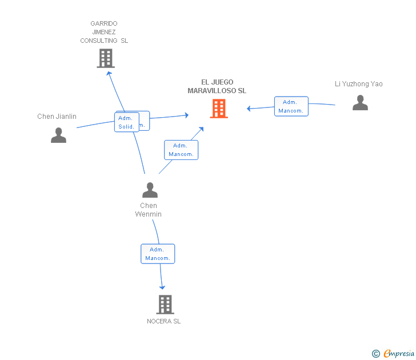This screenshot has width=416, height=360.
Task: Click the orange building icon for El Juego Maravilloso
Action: [x=219, y=109]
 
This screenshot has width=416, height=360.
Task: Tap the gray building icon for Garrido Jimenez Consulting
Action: [x=106, y=58]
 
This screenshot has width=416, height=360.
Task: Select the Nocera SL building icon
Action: [x=165, y=305]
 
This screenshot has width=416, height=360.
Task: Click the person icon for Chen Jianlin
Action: [x=58, y=135]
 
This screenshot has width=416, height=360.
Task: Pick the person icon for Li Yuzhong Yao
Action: [x=360, y=103]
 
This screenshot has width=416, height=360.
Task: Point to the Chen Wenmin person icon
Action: [x=149, y=190]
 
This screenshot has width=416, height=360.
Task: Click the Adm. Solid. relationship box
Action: [x=126, y=122]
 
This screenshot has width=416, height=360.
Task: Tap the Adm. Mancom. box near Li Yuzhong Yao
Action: [x=291, y=106]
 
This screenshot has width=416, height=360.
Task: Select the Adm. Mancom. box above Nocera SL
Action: [x=157, y=254]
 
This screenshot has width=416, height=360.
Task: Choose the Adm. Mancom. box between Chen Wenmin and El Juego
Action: [x=181, y=150]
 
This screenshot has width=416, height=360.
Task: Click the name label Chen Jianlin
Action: [x=57, y=117]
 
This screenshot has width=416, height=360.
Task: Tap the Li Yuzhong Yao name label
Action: [x=359, y=84]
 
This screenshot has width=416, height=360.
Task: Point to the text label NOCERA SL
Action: [x=163, y=321]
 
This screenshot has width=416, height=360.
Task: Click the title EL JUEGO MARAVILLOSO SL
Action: [x=217, y=86]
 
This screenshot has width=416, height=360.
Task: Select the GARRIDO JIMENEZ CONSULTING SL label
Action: [x=104, y=32]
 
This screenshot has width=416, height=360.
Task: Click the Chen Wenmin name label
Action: [x=149, y=210]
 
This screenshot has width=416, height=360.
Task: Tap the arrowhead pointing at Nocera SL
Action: [x=162, y=287]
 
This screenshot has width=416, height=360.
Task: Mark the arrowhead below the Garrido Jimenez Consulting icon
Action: [x=109, y=73]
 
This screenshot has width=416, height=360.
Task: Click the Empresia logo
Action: [x=398, y=354]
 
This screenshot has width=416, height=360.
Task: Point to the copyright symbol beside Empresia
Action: [x=376, y=354]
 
